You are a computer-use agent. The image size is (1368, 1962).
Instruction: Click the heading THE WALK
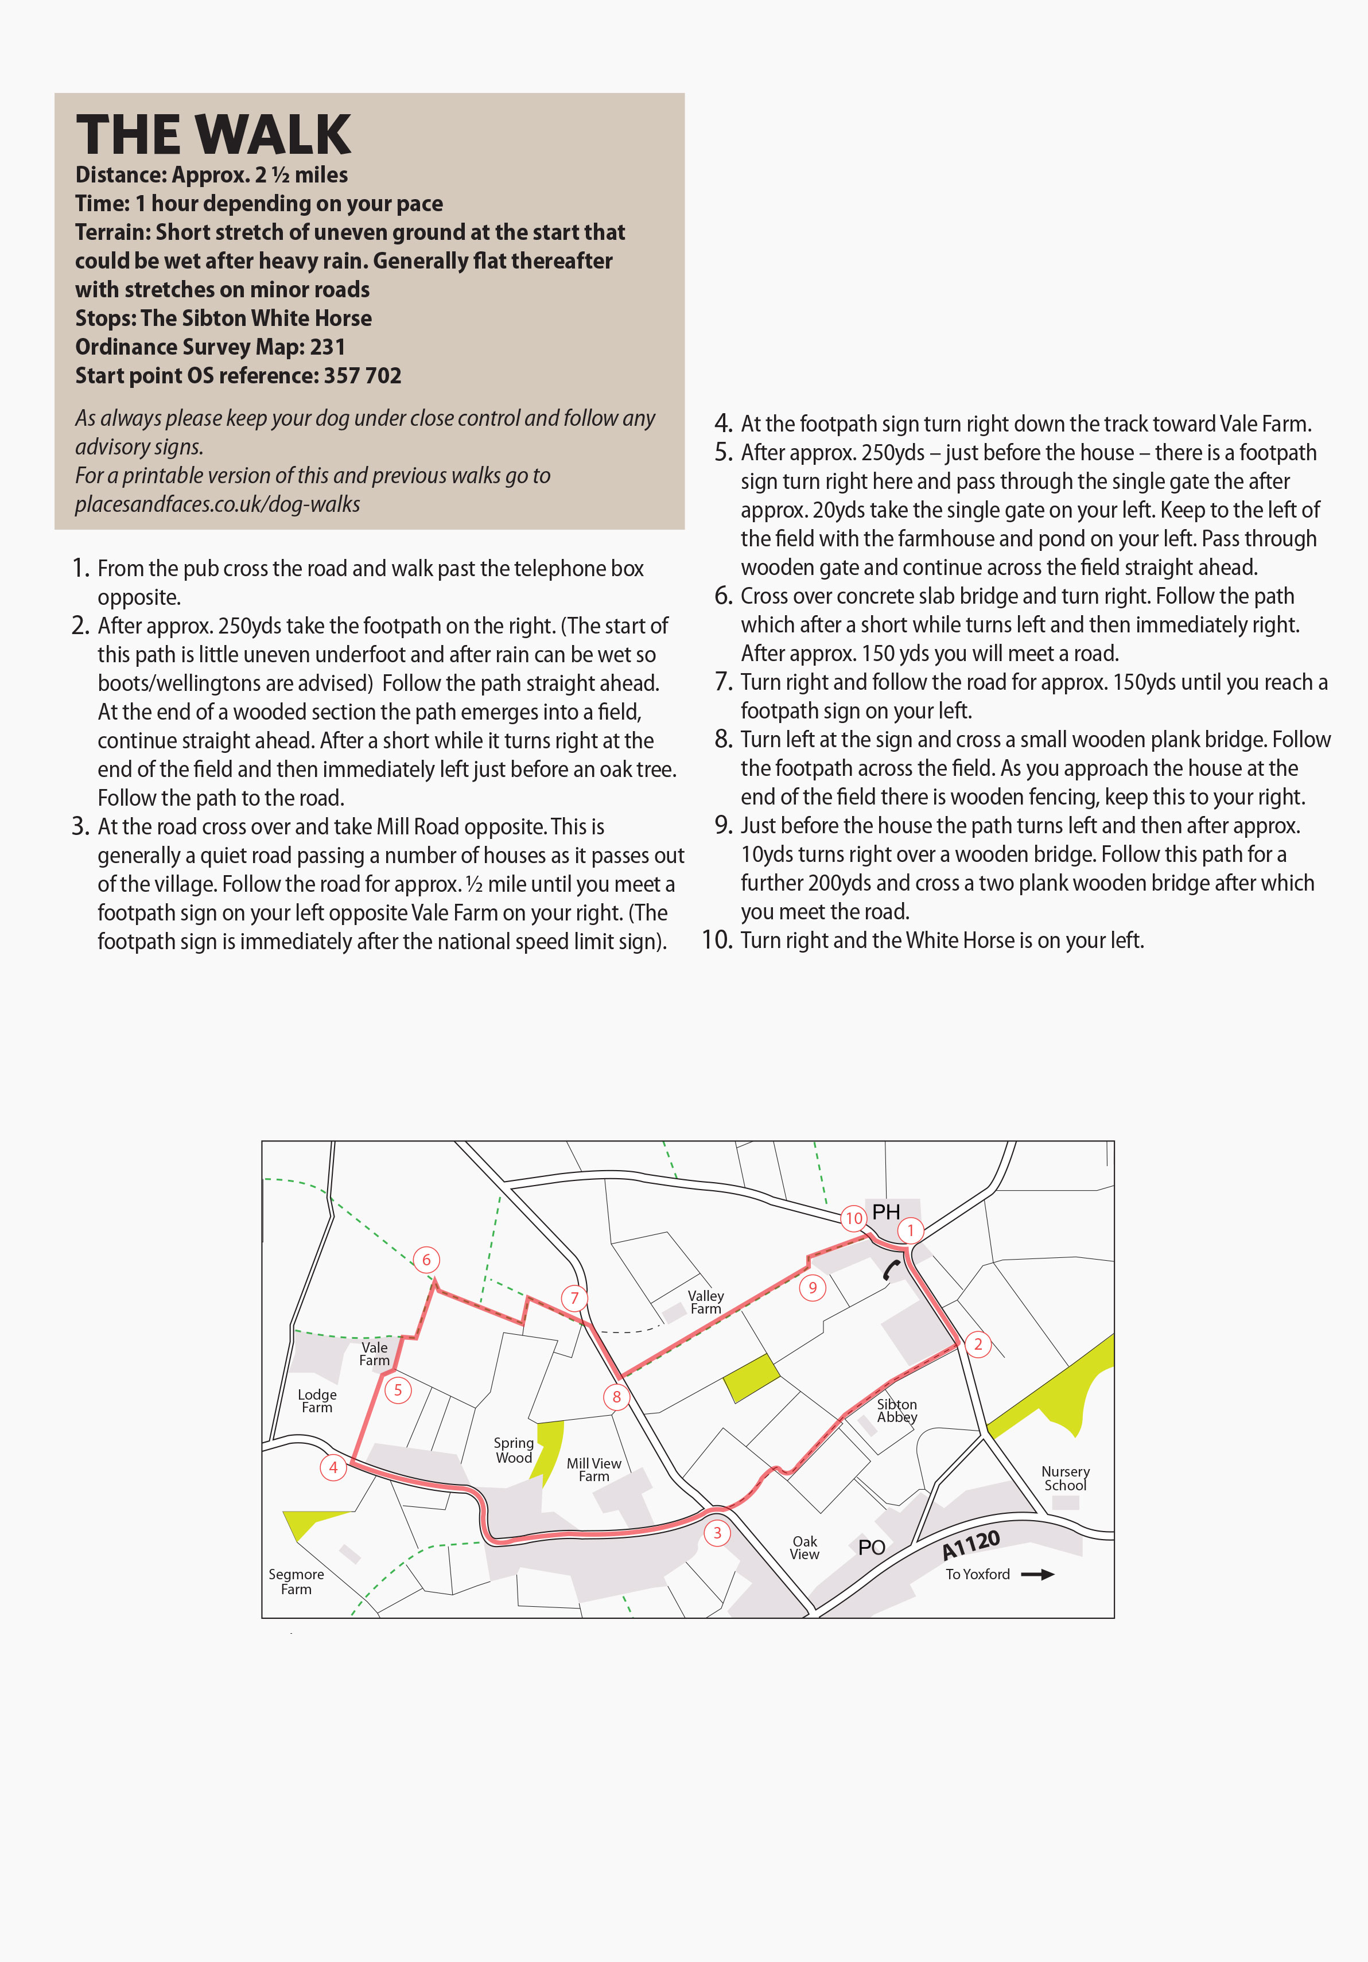pyautogui.click(x=213, y=134)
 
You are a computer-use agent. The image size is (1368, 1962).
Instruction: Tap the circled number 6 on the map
pyautogui.click(x=426, y=1260)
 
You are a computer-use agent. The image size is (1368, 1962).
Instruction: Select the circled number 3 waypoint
pyautogui.click(x=717, y=1533)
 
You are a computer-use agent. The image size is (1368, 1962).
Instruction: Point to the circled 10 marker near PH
pyautogui.click(x=854, y=1218)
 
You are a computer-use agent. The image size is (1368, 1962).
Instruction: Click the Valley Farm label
pyautogui.click(x=706, y=1302)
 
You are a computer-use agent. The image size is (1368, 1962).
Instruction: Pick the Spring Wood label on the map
pyautogui.click(x=514, y=1450)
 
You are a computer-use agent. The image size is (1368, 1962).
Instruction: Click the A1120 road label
pyautogui.click(x=971, y=1545)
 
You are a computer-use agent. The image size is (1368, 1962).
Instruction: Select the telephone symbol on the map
pyautogui.click(x=891, y=1270)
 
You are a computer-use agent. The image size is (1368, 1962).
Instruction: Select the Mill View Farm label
pyautogui.click(x=594, y=1470)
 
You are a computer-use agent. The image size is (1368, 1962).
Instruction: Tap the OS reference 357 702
pyautogui.click(x=362, y=376)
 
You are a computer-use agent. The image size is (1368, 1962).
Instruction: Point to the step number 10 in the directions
pyautogui.click(x=717, y=940)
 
